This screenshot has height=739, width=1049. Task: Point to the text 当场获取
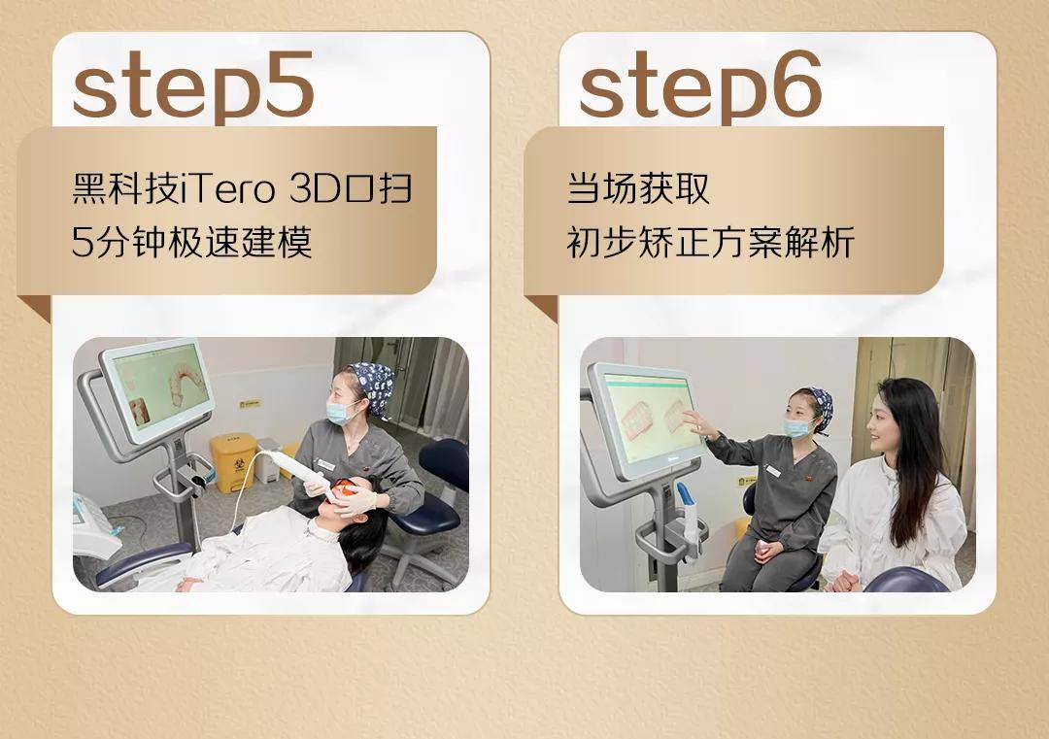click(x=638, y=187)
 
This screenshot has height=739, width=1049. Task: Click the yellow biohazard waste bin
click(x=232, y=461)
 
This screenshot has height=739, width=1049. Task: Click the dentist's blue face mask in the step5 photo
click(x=340, y=413)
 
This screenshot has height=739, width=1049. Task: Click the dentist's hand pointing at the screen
click(x=694, y=421)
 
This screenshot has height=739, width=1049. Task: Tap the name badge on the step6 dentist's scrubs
click(x=773, y=471)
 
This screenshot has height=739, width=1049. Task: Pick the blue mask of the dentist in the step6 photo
click(x=798, y=427)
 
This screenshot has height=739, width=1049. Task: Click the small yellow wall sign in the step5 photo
click(x=250, y=402)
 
